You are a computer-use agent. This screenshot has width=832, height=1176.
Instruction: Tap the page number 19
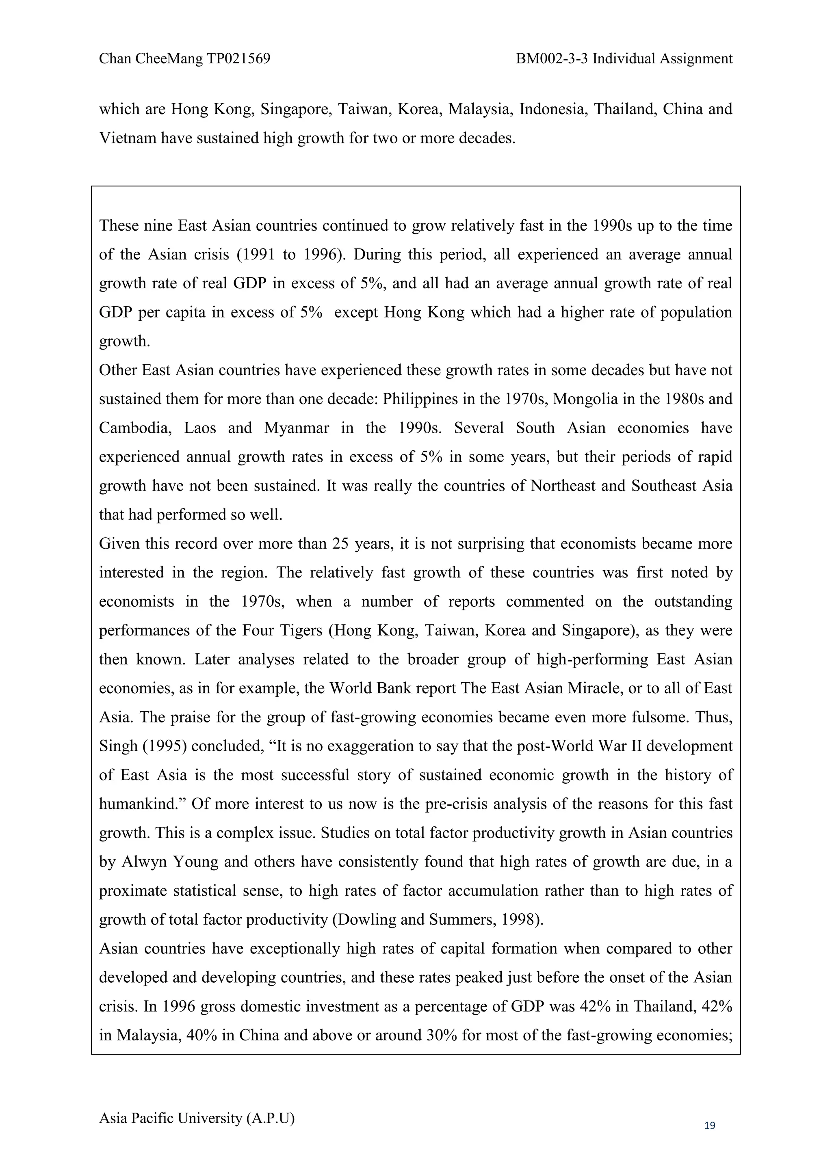click(710, 1125)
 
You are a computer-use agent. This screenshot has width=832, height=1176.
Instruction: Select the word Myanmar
click(296, 428)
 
